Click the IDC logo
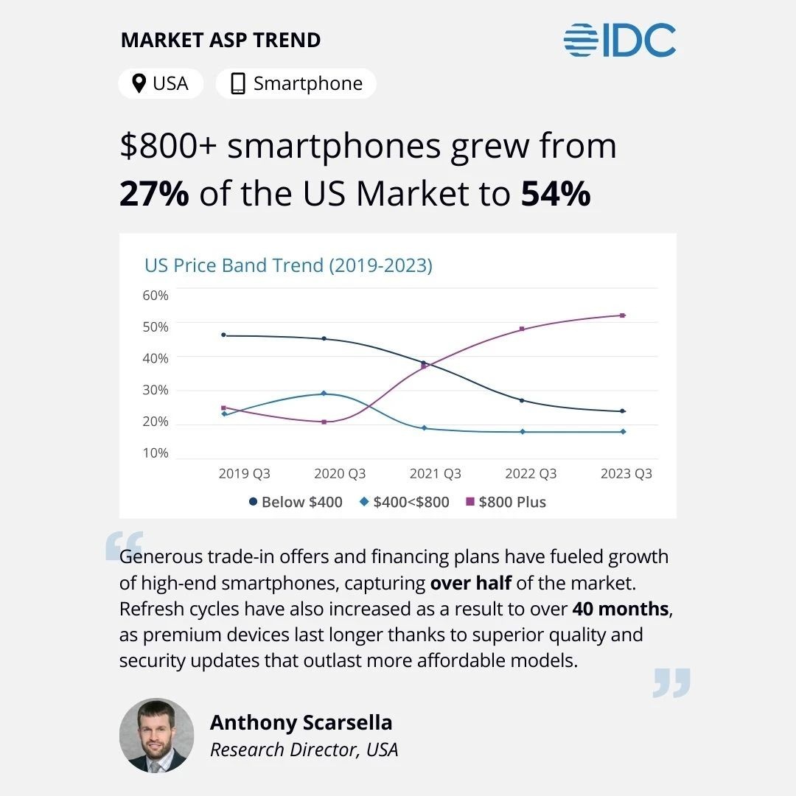(x=620, y=41)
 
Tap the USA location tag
(x=161, y=84)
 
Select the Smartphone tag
(x=296, y=84)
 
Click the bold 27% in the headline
(x=154, y=193)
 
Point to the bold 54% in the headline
(x=556, y=193)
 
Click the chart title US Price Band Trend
(x=288, y=265)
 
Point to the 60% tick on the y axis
(x=155, y=296)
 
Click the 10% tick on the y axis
(x=155, y=453)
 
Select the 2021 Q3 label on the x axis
(x=435, y=474)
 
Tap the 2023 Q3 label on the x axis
(x=626, y=474)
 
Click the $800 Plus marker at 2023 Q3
(x=623, y=315)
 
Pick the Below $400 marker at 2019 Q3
(x=223, y=335)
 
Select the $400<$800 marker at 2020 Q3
(x=324, y=394)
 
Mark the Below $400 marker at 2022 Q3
(x=522, y=400)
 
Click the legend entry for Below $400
(x=296, y=502)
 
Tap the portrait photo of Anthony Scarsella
(x=156, y=736)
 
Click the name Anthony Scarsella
(x=301, y=722)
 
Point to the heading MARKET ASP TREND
(x=220, y=41)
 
